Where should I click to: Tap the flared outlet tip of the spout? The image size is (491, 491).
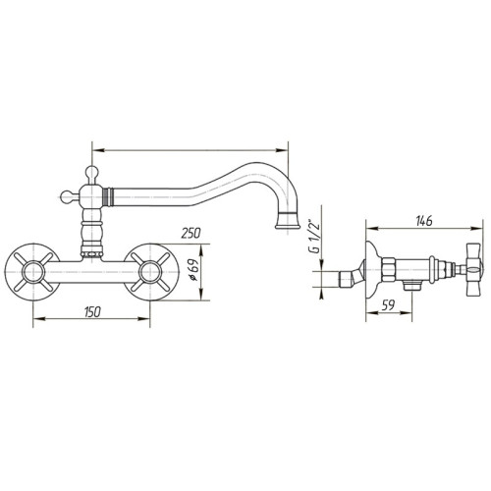point(286,219)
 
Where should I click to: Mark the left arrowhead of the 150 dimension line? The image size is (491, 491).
point(37,320)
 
